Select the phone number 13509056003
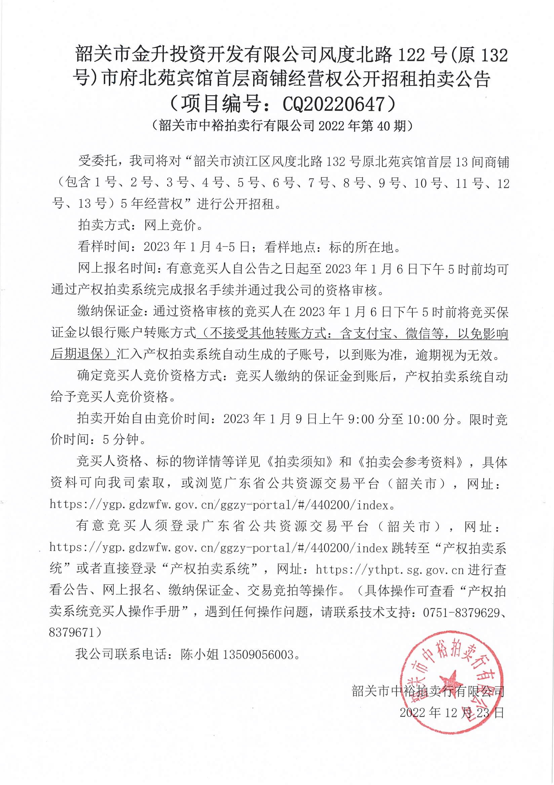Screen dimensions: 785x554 click(x=258, y=654)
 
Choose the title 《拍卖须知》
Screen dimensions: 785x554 click(x=299, y=462)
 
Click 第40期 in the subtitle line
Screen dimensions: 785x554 click(x=383, y=126)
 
